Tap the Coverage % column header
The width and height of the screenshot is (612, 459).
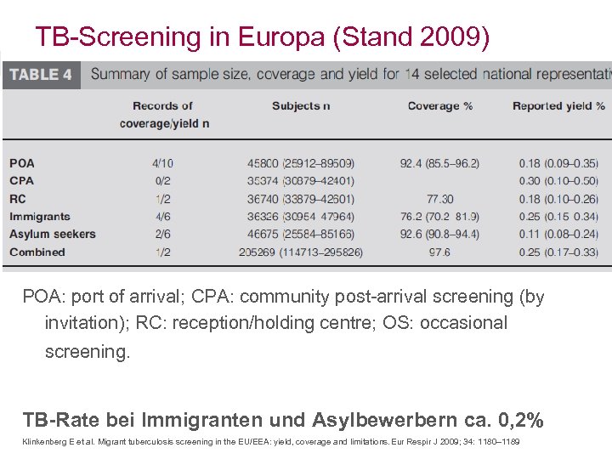click(x=439, y=106)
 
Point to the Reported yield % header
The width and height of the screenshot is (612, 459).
click(x=558, y=106)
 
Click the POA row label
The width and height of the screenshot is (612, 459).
click(x=22, y=162)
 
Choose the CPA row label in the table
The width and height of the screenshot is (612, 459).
click(x=22, y=180)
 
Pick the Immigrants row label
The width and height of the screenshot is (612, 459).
click(x=40, y=216)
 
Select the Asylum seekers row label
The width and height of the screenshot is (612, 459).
click(x=53, y=234)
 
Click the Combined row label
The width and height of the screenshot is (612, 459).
click(x=37, y=252)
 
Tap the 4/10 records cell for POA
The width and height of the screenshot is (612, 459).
click(x=162, y=162)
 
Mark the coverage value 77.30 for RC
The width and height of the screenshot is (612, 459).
click(x=439, y=198)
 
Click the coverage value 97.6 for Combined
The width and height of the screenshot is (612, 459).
click(x=439, y=252)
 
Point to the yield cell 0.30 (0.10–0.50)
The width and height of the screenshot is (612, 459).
click(x=558, y=180)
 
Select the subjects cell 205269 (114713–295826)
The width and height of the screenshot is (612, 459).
click(x=302, y=252)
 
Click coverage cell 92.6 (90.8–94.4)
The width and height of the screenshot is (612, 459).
click(x=439, y=234)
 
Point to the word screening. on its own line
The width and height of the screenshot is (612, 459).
click(x=88, y=351)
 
